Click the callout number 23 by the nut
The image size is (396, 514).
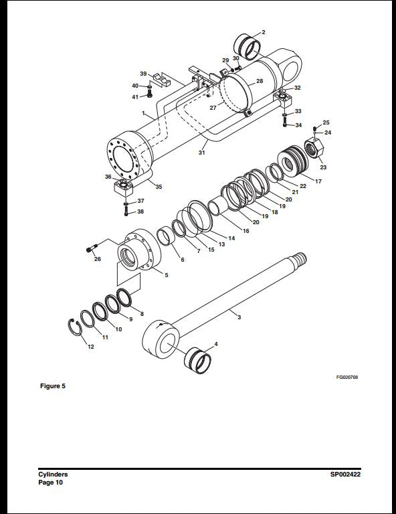pyautogui.click(x=322, y=167)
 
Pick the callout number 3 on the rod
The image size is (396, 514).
pyautogui.click(x=239, y=317)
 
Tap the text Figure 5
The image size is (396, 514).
pyautogui.click(x=53, y=386)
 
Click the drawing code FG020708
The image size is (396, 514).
pyautogui.click(x=347, y=377)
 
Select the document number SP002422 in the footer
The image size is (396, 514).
pyautogui.click(x=346, y=475)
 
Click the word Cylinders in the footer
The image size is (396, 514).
pyautogui.click(x=53, y=475)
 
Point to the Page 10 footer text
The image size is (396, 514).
pyautogui.click(x=50, y=482)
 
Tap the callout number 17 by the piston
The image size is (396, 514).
pyautogui.click(x=318, y=181)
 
